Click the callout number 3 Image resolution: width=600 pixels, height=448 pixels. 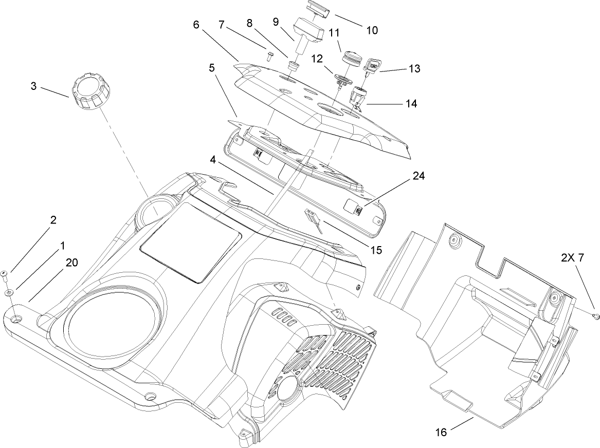[33, 86]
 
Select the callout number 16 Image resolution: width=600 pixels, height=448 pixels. [440, 433]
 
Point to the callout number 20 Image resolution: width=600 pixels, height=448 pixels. [71, 263]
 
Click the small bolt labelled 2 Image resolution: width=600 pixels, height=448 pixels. [4, 274]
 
